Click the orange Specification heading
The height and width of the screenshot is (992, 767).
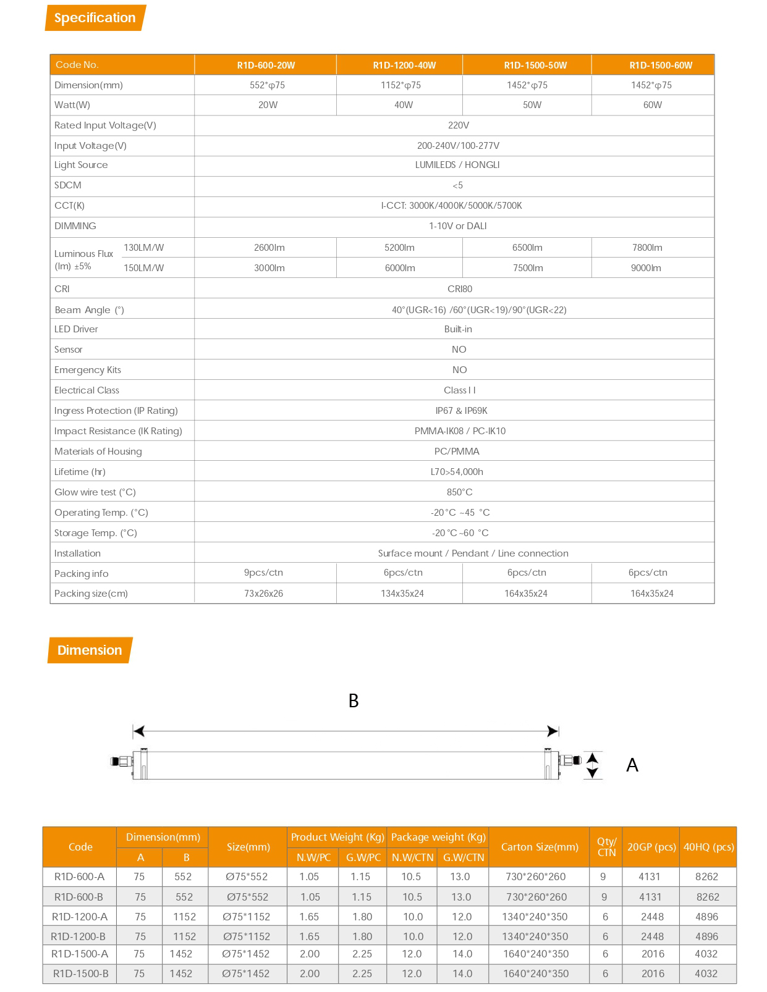95,18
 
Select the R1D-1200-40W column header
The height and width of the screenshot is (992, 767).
404,65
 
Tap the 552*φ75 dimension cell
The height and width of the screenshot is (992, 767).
267,85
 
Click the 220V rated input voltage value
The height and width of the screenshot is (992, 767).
458,125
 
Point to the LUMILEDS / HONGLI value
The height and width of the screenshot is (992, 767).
457,165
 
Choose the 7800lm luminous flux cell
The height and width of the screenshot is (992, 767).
647,248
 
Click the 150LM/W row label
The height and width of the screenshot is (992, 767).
144,268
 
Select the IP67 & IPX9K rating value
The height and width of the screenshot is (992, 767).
461,411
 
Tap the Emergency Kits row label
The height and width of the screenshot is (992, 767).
88,370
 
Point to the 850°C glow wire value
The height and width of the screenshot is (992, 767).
460,492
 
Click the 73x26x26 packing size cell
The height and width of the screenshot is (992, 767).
263,594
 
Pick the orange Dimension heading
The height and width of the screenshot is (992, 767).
90,650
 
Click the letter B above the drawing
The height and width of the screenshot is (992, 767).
354,700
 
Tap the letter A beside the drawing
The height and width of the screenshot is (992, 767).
632,765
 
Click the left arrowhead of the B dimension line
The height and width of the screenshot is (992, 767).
139,731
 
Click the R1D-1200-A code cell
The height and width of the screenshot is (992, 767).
80,917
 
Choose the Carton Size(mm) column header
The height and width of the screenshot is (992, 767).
538,847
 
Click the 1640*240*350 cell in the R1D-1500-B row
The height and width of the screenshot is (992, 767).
536,973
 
